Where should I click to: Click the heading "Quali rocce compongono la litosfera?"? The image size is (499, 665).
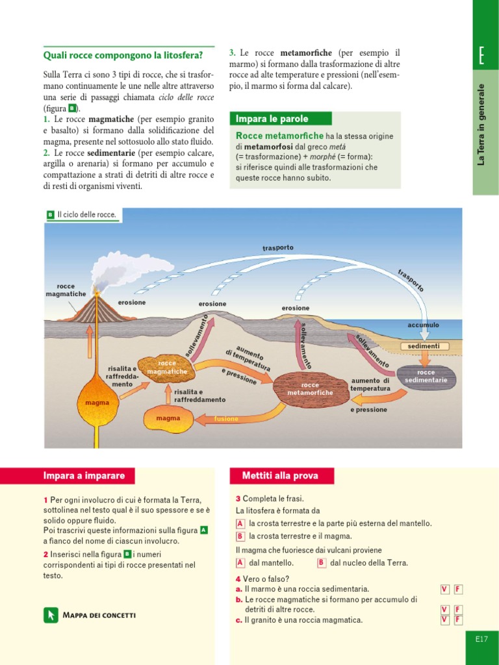[123, 55]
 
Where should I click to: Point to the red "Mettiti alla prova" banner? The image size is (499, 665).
[282, 476]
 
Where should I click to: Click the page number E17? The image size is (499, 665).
[481, 640]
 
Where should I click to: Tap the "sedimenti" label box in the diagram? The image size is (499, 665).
[424, 346]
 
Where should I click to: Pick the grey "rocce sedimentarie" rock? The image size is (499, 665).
[426, 376]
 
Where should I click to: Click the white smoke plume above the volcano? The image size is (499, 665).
[133, 268]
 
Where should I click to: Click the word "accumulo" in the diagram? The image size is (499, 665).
[423, 325]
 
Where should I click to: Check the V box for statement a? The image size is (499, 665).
[444, 589]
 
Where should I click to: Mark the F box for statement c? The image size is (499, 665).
[458, 620]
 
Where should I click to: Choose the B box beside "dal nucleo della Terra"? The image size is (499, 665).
[321, 563]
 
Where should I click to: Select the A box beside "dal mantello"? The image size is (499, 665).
[240, 563]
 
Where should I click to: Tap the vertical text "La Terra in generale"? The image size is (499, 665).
[481, 123]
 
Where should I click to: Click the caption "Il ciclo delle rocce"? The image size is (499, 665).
[86, 214]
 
